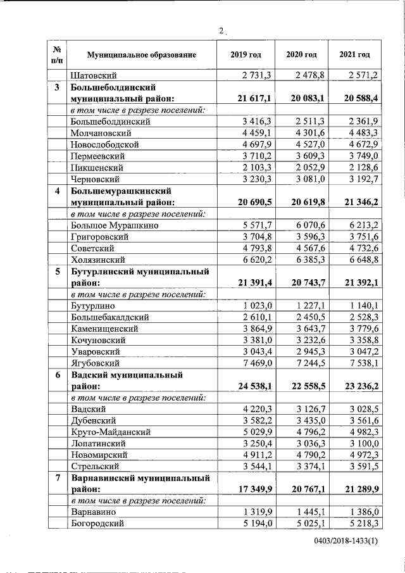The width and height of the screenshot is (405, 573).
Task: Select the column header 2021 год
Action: pos(354,55)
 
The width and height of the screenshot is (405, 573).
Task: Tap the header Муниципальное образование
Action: pos(142,55)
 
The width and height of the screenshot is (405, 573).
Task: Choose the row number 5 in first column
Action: pos(58,272)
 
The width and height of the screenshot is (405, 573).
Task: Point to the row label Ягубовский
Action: pos(96,363)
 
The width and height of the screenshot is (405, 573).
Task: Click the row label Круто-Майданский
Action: pos(110,432)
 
